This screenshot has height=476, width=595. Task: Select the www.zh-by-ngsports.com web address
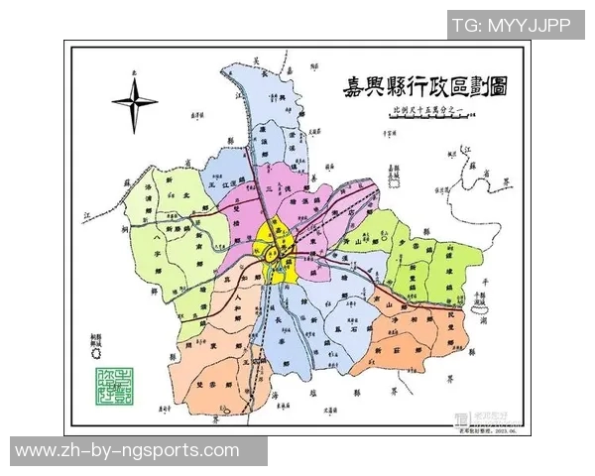127,450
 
